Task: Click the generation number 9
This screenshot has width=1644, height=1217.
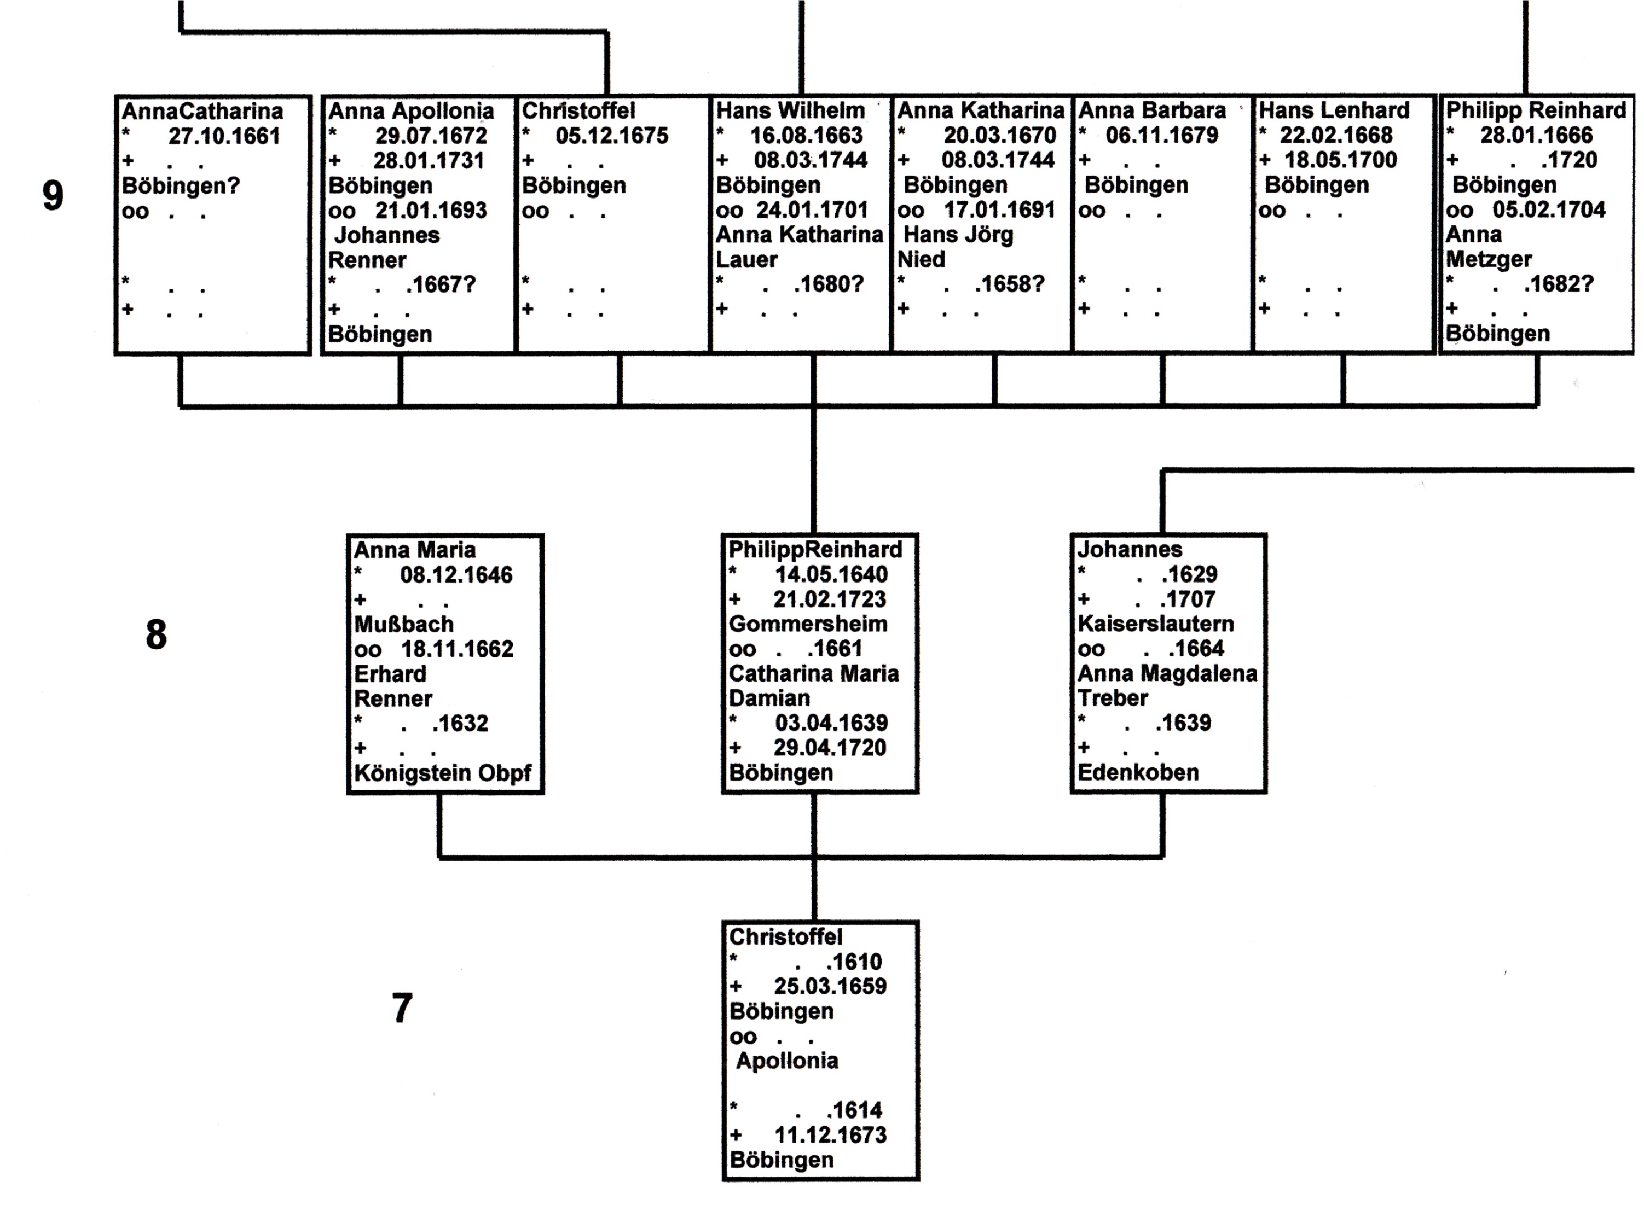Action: pos(53,196)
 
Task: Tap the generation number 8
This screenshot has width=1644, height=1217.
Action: pos(156,634)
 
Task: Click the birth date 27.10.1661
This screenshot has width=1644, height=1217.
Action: pos(224,136)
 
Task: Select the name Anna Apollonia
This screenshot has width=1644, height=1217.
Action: pos(410,111)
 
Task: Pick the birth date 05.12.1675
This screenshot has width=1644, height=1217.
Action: pos(612,136)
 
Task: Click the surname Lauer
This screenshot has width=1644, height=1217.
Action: pos(746,259)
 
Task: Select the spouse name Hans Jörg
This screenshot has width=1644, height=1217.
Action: pos(958,235)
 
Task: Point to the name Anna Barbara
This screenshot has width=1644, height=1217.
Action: pos(1152,110)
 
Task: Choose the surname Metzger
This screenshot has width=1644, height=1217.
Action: pos(1489,259)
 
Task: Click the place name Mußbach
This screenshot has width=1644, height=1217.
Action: pos(404,624)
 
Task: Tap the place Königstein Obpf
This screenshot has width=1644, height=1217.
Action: pos(442,773)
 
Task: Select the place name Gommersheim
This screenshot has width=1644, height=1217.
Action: pos(808,624)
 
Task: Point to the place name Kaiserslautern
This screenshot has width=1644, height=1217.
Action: pos(1155,624)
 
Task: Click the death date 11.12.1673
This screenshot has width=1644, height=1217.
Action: pos(830,1135)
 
